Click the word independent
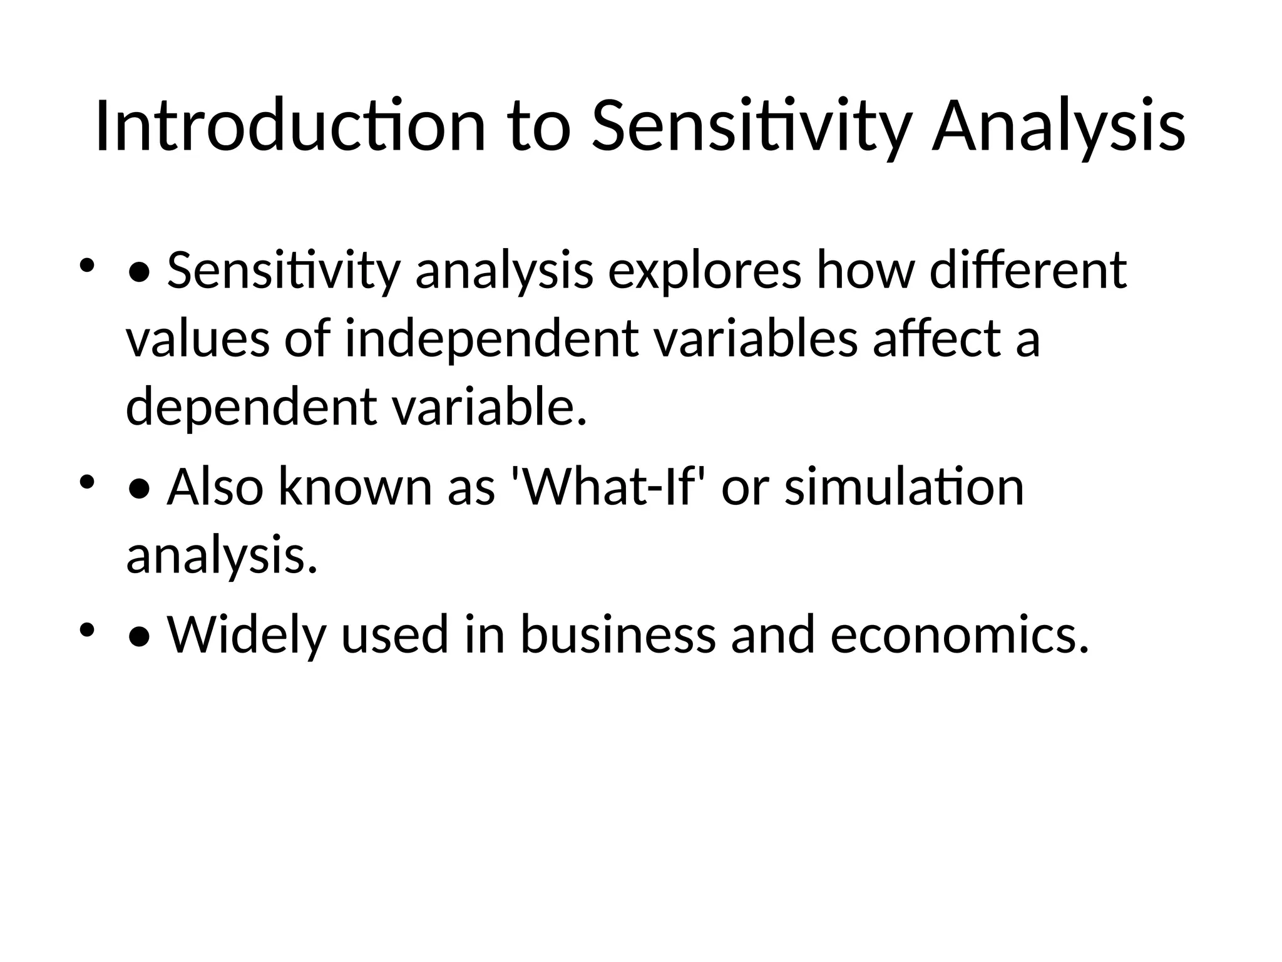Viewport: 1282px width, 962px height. tap(492, 339)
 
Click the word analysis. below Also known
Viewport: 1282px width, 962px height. tap(222, 556)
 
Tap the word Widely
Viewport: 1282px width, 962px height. tap(247, 635)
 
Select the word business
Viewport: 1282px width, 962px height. tap(617, 635)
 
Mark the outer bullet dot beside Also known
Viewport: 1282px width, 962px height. tap(87, 482)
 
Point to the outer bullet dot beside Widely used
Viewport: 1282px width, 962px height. tap(87, 629)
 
